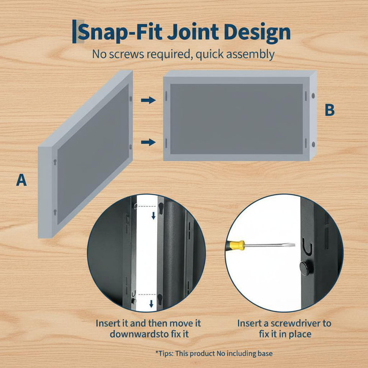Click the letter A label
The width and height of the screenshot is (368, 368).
point(21,180)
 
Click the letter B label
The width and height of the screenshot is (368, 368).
point(329,110)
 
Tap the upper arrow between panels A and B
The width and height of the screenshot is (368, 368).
point(148,100)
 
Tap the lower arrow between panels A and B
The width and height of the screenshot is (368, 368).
point(148,142)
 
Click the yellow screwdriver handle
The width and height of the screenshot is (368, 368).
point(236,245)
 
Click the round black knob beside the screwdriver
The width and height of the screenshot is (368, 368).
point(306,268)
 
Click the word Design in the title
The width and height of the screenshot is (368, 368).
point(257,33)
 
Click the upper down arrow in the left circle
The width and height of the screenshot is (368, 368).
point(154,215)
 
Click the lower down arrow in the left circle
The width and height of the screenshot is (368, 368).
point(151,304)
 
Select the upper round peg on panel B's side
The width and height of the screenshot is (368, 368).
point(313,96)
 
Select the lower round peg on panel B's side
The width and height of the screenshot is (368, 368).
point(313,144)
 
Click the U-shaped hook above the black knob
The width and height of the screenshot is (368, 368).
point(307,247)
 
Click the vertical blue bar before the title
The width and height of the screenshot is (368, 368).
point(75,31)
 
